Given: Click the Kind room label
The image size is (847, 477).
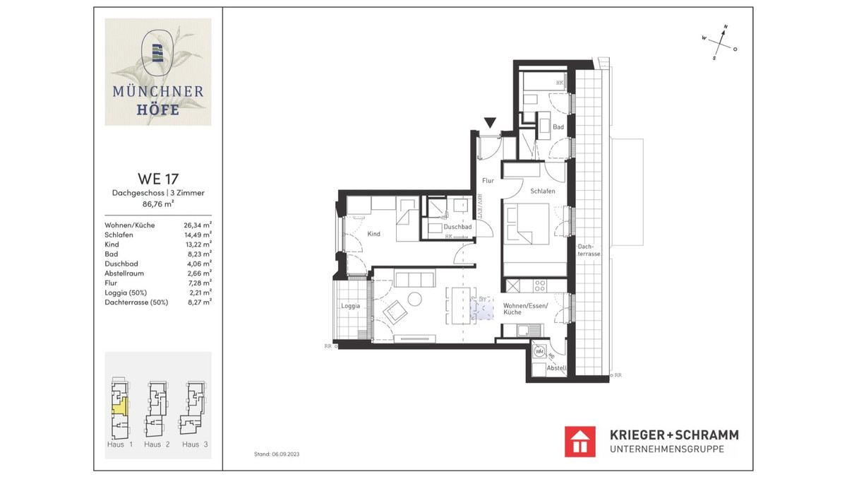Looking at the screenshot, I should tap(374, 234).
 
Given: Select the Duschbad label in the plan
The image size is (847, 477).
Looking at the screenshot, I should tap(457, 227).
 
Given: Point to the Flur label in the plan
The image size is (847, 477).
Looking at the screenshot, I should tap(488, 180).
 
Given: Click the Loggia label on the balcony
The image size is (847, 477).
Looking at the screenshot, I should tap(351, 306).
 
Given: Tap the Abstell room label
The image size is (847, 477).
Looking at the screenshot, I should tap(557, 368).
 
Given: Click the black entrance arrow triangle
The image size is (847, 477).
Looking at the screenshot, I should tap(490, 123).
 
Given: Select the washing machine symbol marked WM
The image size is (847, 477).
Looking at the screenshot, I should tap(540, 351).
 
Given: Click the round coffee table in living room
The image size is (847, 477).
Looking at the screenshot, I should tap(414, 298).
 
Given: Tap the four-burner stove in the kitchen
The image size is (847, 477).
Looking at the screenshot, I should tap(540, 285).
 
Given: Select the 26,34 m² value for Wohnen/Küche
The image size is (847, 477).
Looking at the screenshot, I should tap(198, 226).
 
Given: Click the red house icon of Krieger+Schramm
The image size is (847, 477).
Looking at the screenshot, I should tap(580, 441).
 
